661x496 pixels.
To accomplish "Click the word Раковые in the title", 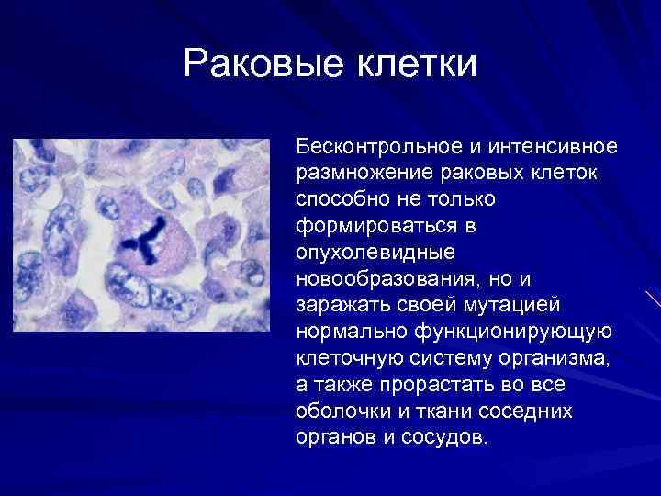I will pos(258,64).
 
